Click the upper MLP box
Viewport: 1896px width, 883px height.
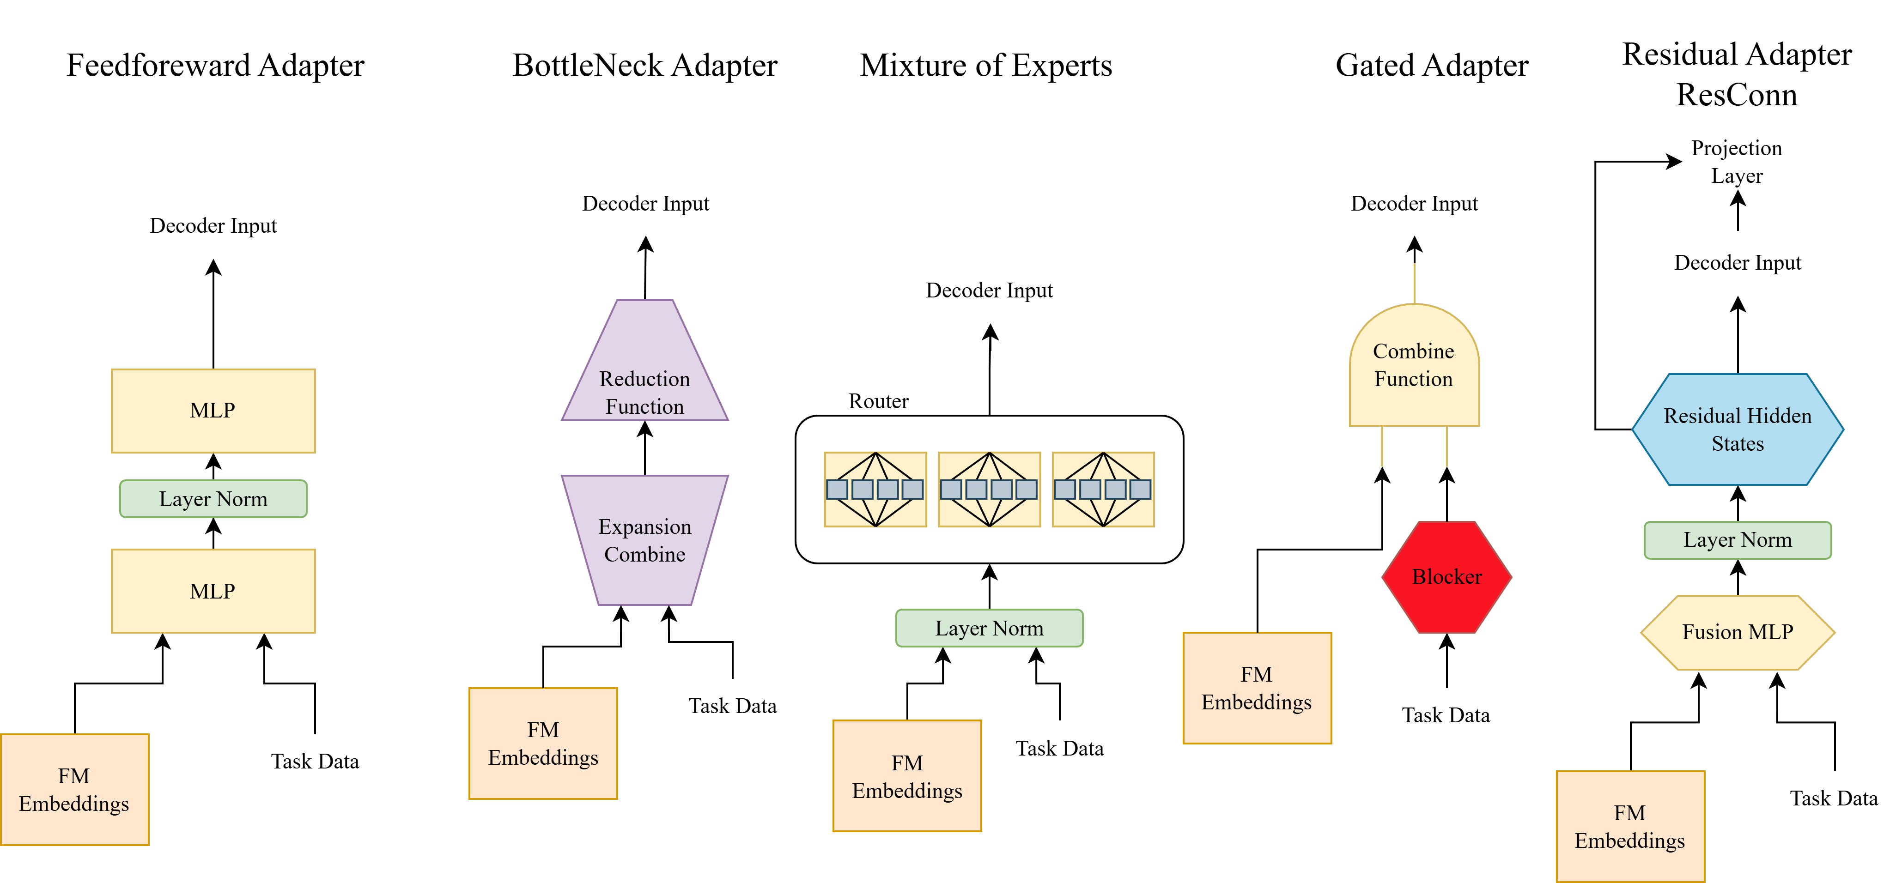click(213, 411)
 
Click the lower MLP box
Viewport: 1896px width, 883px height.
click(213, 591)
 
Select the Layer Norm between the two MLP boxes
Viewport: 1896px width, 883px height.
click(213, 499)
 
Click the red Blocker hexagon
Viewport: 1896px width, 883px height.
click(1446, 577)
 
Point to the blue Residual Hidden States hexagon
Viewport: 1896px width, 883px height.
click(1738, 430)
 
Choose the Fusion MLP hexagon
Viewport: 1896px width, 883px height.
click(1738, 632)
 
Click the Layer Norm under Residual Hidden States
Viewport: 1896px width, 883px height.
click(1738, 540)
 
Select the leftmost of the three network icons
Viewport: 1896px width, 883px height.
click(875, 490)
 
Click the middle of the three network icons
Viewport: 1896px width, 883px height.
click(989, 490)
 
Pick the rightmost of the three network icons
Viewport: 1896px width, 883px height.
click(1103, 490)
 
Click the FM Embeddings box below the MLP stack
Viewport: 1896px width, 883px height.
click(74, 790)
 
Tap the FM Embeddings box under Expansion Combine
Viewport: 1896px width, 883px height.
click(543, 743)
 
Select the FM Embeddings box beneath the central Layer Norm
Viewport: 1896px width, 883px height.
click(907, 776)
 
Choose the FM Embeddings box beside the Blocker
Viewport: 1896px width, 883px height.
click(1257, 688)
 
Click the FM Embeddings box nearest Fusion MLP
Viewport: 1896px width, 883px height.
click(1630, 826)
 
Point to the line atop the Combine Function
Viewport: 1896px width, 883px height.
click(1414, 283)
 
